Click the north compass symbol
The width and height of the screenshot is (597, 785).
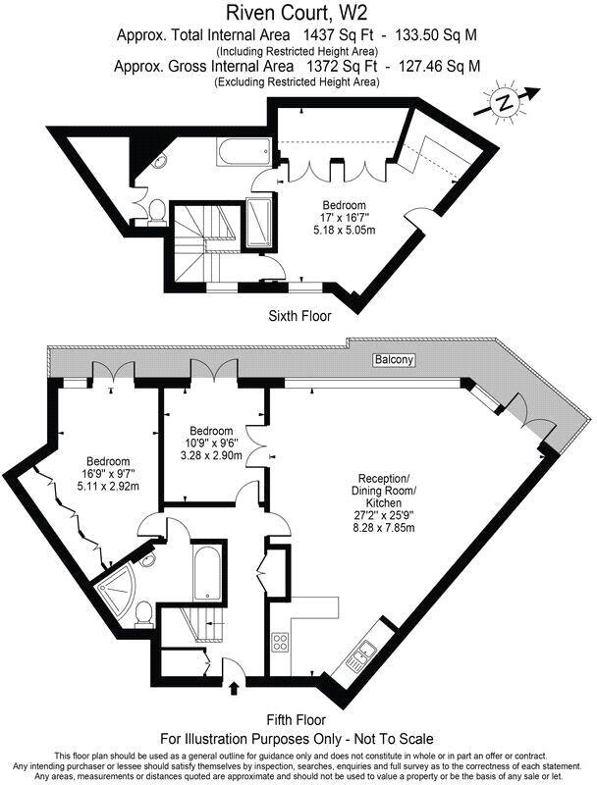(x=506, y=101)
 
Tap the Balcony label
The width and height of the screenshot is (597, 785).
(x=393, y=361)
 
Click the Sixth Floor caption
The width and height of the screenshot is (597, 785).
(x=299, y=316)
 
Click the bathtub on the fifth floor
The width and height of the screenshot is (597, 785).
(x=207, y=574)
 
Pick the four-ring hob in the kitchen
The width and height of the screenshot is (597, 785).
(x=279, y=643)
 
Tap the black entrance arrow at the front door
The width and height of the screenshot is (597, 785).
(x=233, y=687)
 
